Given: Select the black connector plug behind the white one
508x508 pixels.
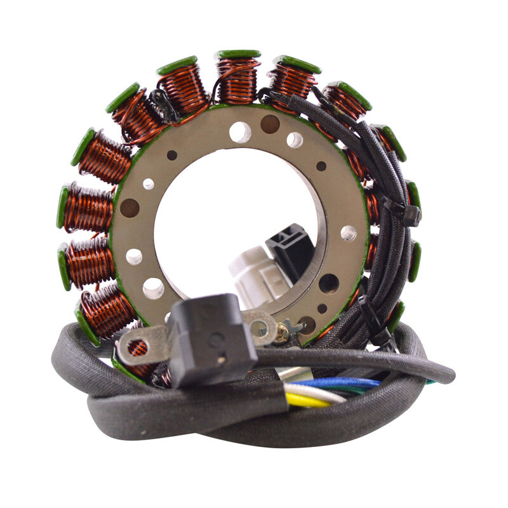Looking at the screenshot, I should [x=289, y=244].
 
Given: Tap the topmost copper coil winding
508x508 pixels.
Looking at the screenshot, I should [x=237, y=79].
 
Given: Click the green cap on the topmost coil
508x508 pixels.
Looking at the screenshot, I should [x=238, y=54].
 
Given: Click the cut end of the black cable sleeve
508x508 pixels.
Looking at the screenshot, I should [x=450, y=375].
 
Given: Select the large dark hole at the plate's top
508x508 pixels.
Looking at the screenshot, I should [x=270, y=123].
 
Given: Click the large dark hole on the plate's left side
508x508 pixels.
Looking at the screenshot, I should [x=130, y=207].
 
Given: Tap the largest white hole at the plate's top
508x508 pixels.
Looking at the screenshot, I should [x=240, y=132].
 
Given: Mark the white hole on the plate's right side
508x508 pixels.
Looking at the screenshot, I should [x=348, y=233].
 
